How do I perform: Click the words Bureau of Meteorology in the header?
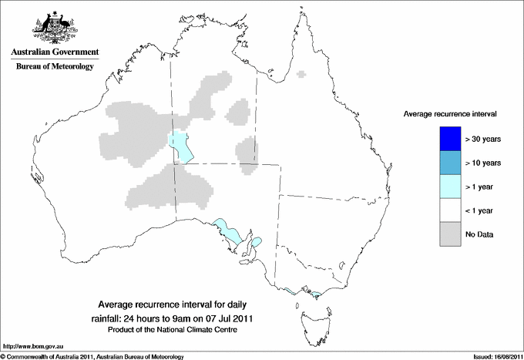click(55, 67)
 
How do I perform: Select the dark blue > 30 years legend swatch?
click(448, 139)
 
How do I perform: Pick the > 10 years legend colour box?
click(448, 163)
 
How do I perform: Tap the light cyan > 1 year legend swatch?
click(448, 187)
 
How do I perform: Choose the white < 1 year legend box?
click(448, 210)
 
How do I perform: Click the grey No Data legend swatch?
click(448, 234)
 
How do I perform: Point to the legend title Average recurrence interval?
click(450, 113)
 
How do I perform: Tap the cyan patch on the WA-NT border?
click(180, 146)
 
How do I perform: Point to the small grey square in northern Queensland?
click(301, 75)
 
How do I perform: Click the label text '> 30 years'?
click(483, 139)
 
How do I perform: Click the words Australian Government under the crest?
click(55, 52)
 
